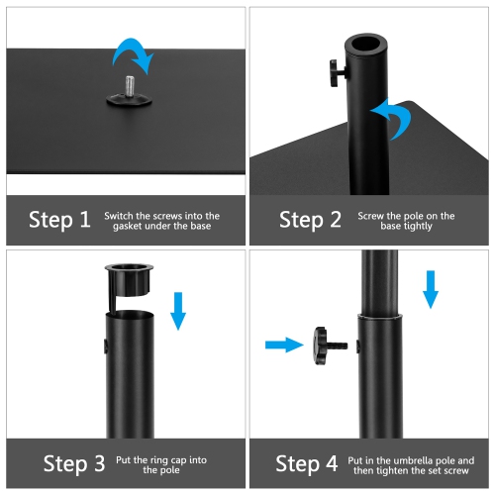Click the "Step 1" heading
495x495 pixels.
[59, 220]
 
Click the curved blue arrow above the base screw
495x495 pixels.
[134, 54]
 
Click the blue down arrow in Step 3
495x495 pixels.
[178, 310]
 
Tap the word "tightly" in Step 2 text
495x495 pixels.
[422, 227]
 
